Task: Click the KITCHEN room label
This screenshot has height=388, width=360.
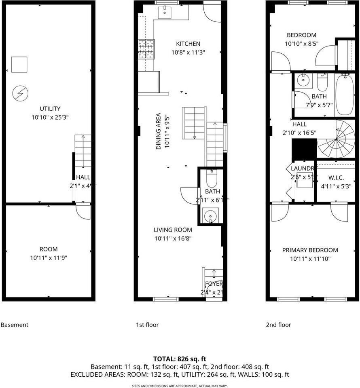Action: (188, 44)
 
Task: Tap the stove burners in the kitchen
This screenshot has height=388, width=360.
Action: (146, 49)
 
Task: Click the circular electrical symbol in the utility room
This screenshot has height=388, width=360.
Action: (19, 94)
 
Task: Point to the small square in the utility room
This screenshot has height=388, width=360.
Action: (19, 65)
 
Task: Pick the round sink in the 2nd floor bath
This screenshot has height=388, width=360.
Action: (302, 80)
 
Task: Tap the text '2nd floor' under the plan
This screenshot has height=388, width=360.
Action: (278, 325)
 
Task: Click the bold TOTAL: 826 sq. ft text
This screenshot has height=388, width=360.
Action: (180, 358)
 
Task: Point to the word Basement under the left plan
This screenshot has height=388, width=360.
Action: (15, 325)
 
